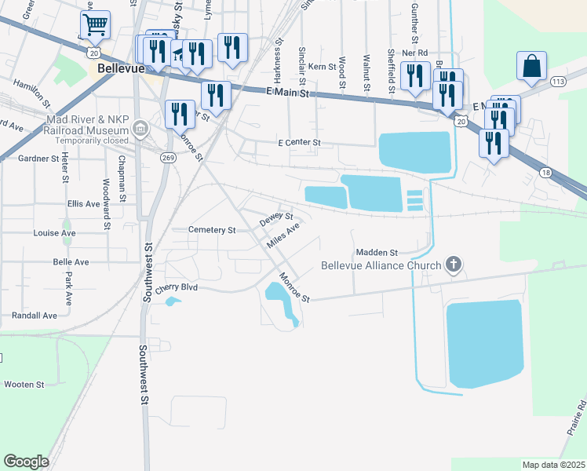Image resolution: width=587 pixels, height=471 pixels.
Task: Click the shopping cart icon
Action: [x=94, y=24]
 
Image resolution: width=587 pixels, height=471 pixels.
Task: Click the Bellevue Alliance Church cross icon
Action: [x=454, y=265]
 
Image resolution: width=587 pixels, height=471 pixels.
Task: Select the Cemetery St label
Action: [x=213, y=230]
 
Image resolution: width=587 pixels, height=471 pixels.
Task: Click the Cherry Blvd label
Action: [x=176, y=288]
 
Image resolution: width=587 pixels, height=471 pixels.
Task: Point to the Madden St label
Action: [x=377, y=253]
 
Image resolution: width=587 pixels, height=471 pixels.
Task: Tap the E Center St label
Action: [x=300, y=143]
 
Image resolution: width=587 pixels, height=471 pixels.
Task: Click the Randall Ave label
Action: [x=35, y=316]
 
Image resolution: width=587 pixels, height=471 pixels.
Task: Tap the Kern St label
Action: [x=322, y=68]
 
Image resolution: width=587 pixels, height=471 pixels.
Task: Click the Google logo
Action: [x=26, y=462]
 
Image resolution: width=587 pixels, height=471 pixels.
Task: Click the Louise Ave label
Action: [x=55, y=233]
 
